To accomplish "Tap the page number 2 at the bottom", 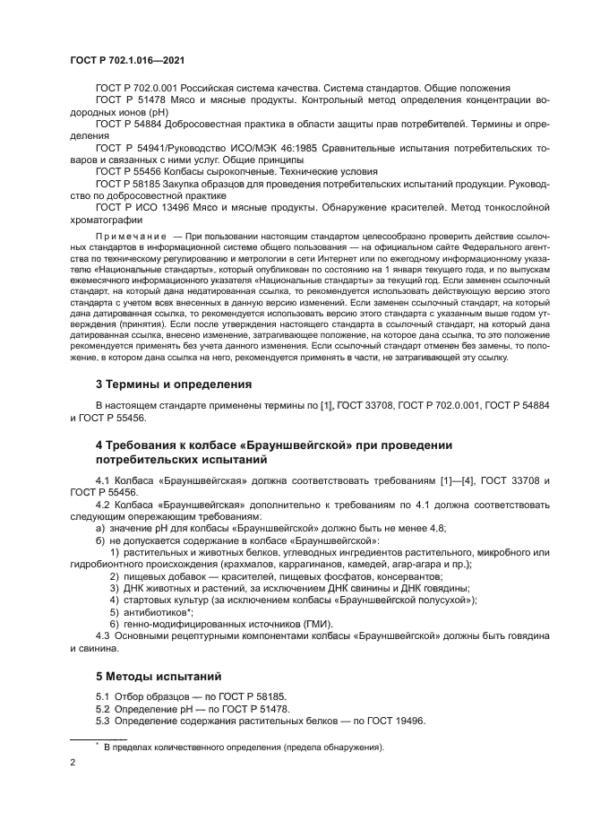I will (x=73, y=761).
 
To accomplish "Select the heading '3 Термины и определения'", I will (x=173, y=384).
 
